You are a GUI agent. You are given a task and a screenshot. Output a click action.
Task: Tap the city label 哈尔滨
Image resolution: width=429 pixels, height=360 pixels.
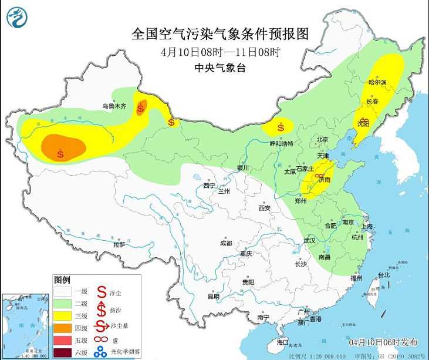coord(377,83)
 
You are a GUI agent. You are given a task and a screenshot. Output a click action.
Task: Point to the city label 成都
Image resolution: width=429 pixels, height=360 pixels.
coord(226,243)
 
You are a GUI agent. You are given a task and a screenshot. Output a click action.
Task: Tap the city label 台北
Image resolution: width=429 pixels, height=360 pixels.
coord(383,274)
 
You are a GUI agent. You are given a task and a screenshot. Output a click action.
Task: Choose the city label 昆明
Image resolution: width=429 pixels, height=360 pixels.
coord(213,296)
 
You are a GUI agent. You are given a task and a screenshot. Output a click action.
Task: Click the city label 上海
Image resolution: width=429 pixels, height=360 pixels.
coord(367,226)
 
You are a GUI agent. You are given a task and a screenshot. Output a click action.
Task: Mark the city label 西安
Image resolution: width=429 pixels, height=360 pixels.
coord(264,208)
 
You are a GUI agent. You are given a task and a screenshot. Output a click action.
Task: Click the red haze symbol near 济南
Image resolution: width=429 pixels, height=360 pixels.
coord(319,176)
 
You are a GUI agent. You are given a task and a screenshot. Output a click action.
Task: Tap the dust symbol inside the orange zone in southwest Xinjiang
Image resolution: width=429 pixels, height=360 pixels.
coord(61,154)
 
